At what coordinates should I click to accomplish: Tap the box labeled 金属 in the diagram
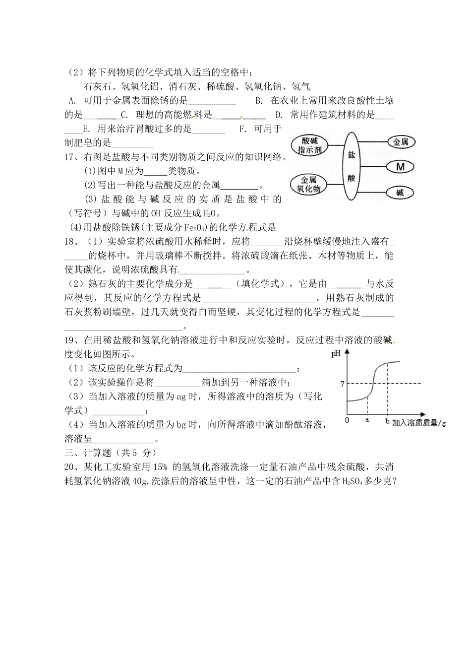coord(400,142)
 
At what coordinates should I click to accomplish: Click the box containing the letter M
coord(400,167)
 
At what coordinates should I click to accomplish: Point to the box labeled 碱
coord(400,192)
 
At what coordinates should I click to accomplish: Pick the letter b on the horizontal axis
coord(387,421)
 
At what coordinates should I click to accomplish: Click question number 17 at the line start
coord(70,157)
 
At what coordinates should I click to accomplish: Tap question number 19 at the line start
coord(70,340)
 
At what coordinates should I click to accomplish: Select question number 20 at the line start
coord(70,466)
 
